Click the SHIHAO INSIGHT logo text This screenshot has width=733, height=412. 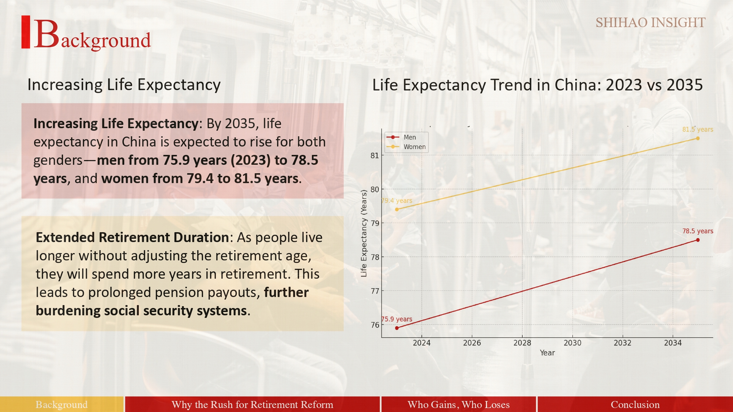coord(650,23)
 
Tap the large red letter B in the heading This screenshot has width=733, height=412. coord(46,34)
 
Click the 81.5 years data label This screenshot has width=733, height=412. coord(697,129)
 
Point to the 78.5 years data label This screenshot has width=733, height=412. coord(697,231)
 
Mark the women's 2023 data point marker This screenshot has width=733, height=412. coord(397,209)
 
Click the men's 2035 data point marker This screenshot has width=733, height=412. coord(697,240)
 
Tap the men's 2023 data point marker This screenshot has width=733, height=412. coord(397,328)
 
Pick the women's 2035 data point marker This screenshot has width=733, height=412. coord(697,138)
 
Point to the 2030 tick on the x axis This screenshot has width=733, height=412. coord(572,343)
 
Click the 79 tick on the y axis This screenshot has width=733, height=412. coord(375,223)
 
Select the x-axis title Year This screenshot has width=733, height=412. coord(547,353)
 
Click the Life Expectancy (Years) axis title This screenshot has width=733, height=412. coord(364,233)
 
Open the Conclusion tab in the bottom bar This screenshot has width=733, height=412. coord(635,404)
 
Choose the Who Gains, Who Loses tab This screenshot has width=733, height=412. coord(458,404)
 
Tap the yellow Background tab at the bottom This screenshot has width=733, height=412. coord(62,404)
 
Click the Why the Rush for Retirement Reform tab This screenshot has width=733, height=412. coord(252,404)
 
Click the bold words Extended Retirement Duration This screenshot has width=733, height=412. coord(132,237)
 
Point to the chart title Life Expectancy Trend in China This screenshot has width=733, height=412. coord(537,85)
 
